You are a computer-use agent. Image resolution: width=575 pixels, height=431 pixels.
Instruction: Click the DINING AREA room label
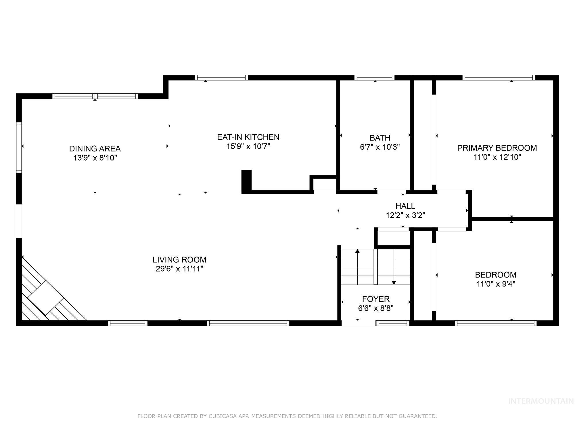[x=95, y=149]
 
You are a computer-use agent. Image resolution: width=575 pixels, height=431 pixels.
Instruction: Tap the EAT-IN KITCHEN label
[x=248, y=137]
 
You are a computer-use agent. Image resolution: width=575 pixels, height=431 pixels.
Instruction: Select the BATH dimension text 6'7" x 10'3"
[x=380, y=147]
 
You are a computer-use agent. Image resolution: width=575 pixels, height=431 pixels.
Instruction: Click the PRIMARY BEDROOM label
[x=497, y=148]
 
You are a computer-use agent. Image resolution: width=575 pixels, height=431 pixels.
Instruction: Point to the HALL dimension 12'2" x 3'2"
[x=405, y=215]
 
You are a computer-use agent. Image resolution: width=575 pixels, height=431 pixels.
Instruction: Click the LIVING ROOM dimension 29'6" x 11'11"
[x=179, y=269]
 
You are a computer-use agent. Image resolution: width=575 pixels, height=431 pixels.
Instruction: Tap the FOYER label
[x=376, y=299]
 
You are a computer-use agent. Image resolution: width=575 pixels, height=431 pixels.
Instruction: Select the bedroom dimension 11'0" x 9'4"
[x=496, y=284]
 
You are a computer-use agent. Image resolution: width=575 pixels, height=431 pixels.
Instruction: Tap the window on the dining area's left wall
[x=19, y=147]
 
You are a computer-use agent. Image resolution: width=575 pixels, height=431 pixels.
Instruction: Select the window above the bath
[x=374, y=78]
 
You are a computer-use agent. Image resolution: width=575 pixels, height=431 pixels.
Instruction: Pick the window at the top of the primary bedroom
[x=499, y=78]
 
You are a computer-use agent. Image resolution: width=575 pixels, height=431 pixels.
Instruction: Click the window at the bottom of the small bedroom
[x=496, y=323]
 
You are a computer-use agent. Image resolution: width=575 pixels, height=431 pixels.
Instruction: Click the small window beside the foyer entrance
[x=393, y=323]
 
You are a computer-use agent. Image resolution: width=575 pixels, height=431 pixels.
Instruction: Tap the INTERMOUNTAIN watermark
[x=540, y=401]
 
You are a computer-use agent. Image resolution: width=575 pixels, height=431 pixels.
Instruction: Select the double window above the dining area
[x=95, y=96]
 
